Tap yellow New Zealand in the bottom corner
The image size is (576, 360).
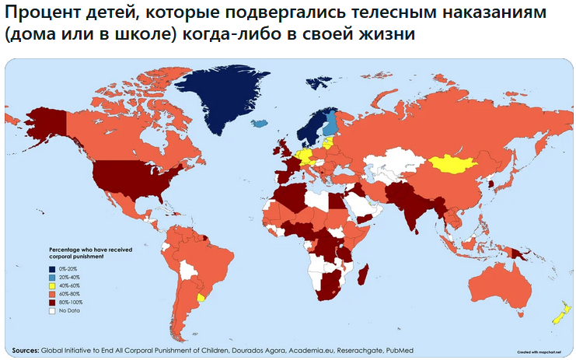point(558,315)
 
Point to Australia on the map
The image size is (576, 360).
point(497,281)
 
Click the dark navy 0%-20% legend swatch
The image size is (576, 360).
point(52,268)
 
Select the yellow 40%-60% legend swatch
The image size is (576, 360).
point(52,285)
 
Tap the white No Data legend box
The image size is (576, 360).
point(52,310)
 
